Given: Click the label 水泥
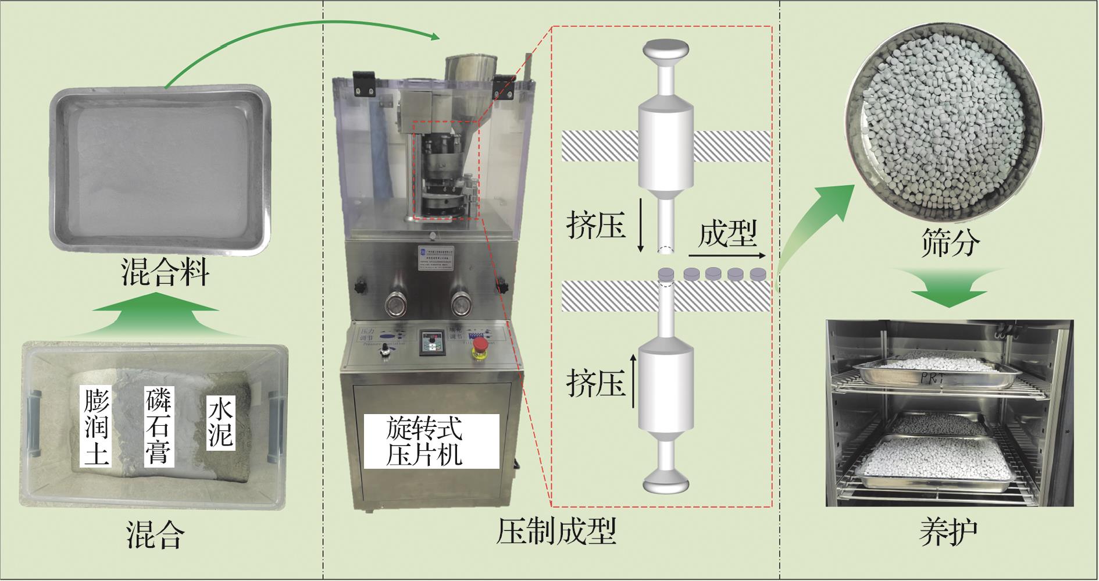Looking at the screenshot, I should coord(221,423).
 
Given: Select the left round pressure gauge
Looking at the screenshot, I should coord(395,302).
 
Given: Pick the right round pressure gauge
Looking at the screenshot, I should coord(462,302).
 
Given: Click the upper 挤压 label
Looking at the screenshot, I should coord(595,224).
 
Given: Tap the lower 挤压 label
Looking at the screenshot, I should coord(595,382).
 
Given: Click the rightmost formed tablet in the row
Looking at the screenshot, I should coord(758,273).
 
